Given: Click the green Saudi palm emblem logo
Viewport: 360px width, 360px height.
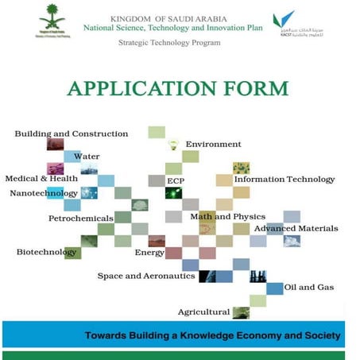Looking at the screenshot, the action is coord(54,19).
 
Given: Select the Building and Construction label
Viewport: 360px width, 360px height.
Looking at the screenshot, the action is coord(72,134).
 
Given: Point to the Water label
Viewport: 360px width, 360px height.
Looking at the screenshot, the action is coord(87,157).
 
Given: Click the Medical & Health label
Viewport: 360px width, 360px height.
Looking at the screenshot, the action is coord(41,179).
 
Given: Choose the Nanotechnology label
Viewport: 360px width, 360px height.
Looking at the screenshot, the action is coord(44,193).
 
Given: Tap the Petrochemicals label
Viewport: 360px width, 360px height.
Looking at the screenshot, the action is coord(79,217).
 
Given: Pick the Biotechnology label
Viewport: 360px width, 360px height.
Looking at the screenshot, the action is coord(47,252).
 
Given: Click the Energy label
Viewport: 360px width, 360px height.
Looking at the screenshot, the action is coord(149,253).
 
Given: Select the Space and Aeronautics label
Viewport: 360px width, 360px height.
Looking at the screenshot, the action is coord(146,276).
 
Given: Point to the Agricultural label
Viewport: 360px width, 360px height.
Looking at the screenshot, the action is coord(203,312).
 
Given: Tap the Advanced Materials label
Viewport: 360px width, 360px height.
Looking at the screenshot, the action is coord(296,228).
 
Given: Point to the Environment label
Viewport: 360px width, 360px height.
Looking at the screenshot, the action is coord(213,144).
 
